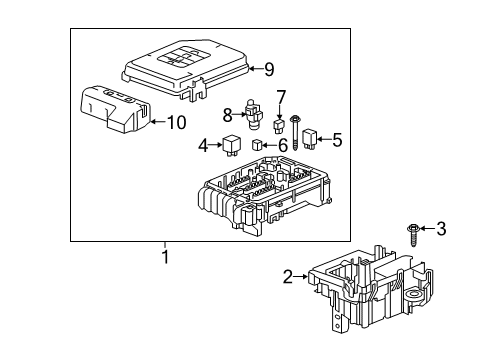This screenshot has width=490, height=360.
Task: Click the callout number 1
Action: click(x=166, y=257)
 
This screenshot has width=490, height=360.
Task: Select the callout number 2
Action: click(x=288, y=277)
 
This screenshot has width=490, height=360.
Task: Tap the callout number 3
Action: click(x=441, y=229)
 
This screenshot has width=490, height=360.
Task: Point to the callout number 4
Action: click(x=204, y=145)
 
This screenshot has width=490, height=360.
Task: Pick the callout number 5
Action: click(x=337, y=140)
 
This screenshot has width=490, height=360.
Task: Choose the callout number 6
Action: click(x=283, y=145)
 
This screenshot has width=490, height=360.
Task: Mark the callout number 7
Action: click(x=281, y=97)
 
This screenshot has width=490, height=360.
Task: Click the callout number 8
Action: click(x=227, y=114)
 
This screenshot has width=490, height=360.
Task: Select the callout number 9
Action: click(x=269, y=69)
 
